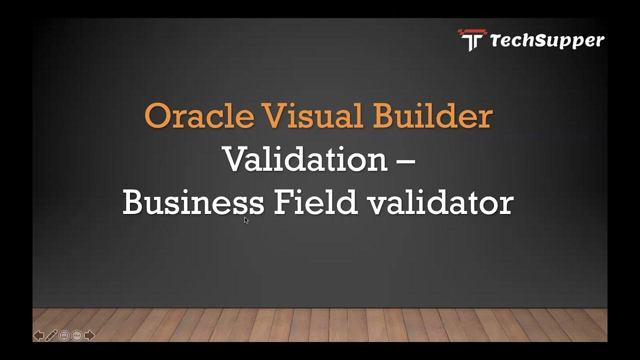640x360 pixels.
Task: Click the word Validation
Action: click(305, 159)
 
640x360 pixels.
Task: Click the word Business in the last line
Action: click(193, 203)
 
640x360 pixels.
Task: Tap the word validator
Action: click(440, 203)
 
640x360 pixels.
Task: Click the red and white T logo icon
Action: click(471, 40)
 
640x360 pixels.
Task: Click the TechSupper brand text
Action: click(547, 40)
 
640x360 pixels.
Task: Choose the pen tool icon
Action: click(51, 335)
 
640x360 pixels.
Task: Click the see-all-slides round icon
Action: click(64, 335)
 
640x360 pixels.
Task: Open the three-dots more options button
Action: click(76, 335)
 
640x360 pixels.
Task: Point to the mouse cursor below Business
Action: click(246, 220)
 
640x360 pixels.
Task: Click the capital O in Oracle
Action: click(156, 116)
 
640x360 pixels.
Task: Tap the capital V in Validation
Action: click(235, 159)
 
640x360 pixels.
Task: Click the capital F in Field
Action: click(282, 203)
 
